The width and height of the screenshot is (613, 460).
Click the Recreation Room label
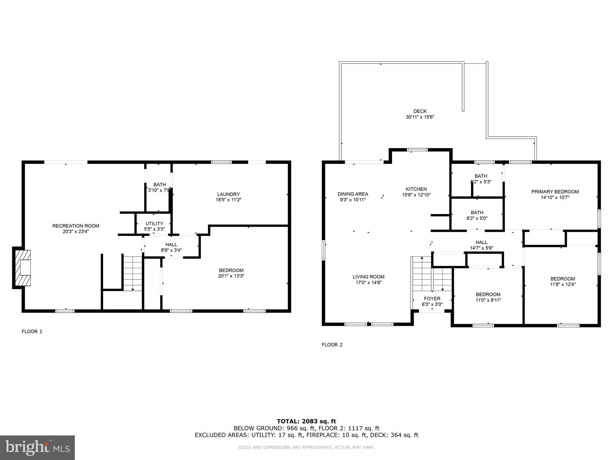tap(75, 226)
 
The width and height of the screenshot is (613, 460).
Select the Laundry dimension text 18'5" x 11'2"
tap(228, 200)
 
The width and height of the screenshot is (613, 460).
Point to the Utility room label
tap(154, 223)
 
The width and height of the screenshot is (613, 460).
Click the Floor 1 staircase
tap(133, 273)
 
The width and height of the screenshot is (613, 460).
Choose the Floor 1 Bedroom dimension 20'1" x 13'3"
tap(231, 276)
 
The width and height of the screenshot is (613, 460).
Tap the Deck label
tap(420, 111)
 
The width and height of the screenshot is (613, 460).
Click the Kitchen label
tap(416, 189)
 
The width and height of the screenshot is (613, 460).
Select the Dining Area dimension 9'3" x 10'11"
tap(353, 200)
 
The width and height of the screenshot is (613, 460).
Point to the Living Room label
tap(368, 277)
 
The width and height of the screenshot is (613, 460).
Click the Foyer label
tap(432, 299)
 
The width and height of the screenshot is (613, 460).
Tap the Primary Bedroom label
tap(555, 192)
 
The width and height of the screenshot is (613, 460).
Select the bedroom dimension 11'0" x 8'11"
tap(488, 300)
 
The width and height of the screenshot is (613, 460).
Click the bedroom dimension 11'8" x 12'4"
tap(563, 285)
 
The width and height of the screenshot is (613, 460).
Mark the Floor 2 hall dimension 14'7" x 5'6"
tap(481, 248)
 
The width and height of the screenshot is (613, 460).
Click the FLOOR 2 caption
tap(332, 345)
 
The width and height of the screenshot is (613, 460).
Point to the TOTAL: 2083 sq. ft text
tap(306, 421)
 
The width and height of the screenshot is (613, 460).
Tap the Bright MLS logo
tap(37, 447)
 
